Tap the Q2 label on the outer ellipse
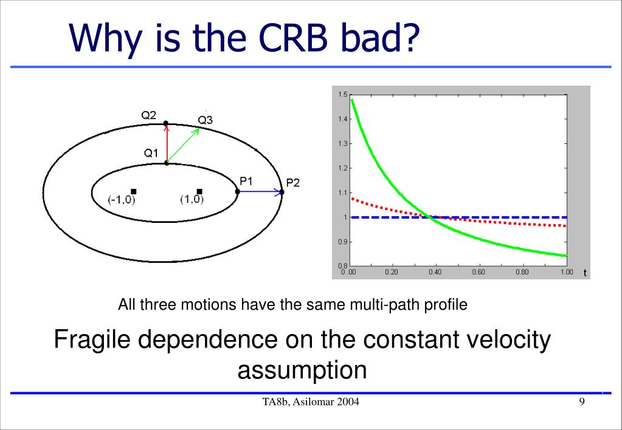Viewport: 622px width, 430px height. pyautogui.click(x=149, y=115)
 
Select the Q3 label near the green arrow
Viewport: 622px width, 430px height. pyautogui.click(x=206, y=120)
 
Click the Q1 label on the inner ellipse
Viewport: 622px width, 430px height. pyautogui.click(x=151, y=153)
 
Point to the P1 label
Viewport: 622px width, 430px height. pyautogui.click(x=246, y=181)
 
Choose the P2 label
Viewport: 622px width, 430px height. pyautogui.click(x=292, y=183)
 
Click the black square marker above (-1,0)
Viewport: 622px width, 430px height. pyautogui.click(x=134, y=192)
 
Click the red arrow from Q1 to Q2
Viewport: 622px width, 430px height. pyautogui.click(x=167, y=143)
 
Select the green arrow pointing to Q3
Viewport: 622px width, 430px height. pyautogui.click(x=183, y=145)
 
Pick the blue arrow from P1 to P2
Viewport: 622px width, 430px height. pyautogui.click(x=260, y=192)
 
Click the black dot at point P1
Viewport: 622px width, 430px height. pyautogui.click(x=238, y=192)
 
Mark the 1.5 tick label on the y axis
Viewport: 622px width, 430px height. pyautogui.click(x=343, y=94)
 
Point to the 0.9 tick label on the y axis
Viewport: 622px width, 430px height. pyautogui.click(x=343, y=242)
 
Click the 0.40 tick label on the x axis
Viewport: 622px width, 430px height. pyautogui.click(x=435, y=272)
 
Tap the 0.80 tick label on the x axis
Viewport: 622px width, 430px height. pyautogui.click(x=522, y=272)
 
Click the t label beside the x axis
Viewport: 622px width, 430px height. pyautogui.click(x=585, y=273)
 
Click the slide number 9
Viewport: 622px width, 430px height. pyautogui.click(x=582, y=402)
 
